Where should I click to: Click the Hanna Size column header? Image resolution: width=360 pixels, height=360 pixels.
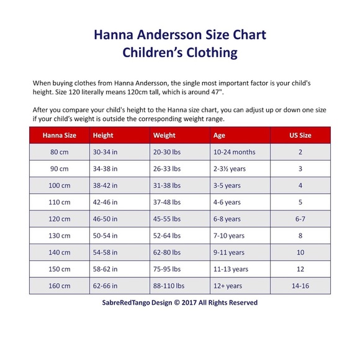click(60, 135)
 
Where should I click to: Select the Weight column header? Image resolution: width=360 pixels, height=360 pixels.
click(164, 135)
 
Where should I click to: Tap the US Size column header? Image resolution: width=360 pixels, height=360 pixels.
click(300, 135)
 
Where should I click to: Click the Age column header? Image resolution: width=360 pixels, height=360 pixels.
click(220, 135)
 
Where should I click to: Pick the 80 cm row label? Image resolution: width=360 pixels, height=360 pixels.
click(60, 152)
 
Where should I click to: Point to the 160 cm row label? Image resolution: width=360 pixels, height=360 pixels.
click(60, 286)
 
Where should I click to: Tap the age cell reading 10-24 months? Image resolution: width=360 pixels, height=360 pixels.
click(234, 152)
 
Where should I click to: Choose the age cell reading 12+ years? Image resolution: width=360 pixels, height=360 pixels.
click(227, 286)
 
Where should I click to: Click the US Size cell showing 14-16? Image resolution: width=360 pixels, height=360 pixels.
click(300, 286)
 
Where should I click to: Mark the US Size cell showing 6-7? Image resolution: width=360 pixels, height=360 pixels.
click(300, 219)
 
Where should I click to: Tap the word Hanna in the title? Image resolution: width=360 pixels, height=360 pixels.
click(115, 35)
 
